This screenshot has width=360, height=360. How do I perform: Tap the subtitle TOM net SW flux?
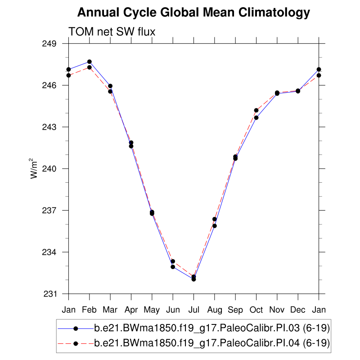tap(112, 31)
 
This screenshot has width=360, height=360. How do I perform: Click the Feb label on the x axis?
tap(90, 310)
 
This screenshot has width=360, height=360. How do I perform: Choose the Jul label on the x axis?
tap(193, 310)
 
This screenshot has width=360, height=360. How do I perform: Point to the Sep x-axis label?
tap(235, 310)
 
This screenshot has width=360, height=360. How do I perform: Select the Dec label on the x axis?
tap(298, 310)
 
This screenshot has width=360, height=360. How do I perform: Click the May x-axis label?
tap(152, 310)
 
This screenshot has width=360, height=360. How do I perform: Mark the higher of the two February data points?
tap(90, 62)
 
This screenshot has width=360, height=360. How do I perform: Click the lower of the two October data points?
tap(256, 118)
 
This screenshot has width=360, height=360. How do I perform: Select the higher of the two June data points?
tap(173, 261)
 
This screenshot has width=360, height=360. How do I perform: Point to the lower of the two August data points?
tap(215, 226)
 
